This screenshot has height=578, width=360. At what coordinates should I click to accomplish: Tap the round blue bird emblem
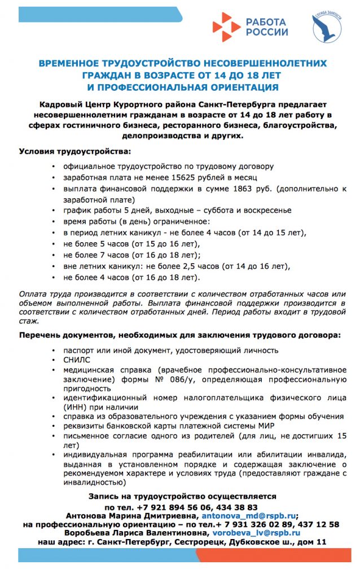[327, 29]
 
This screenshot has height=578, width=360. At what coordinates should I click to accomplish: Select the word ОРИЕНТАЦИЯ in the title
[240, 87]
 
